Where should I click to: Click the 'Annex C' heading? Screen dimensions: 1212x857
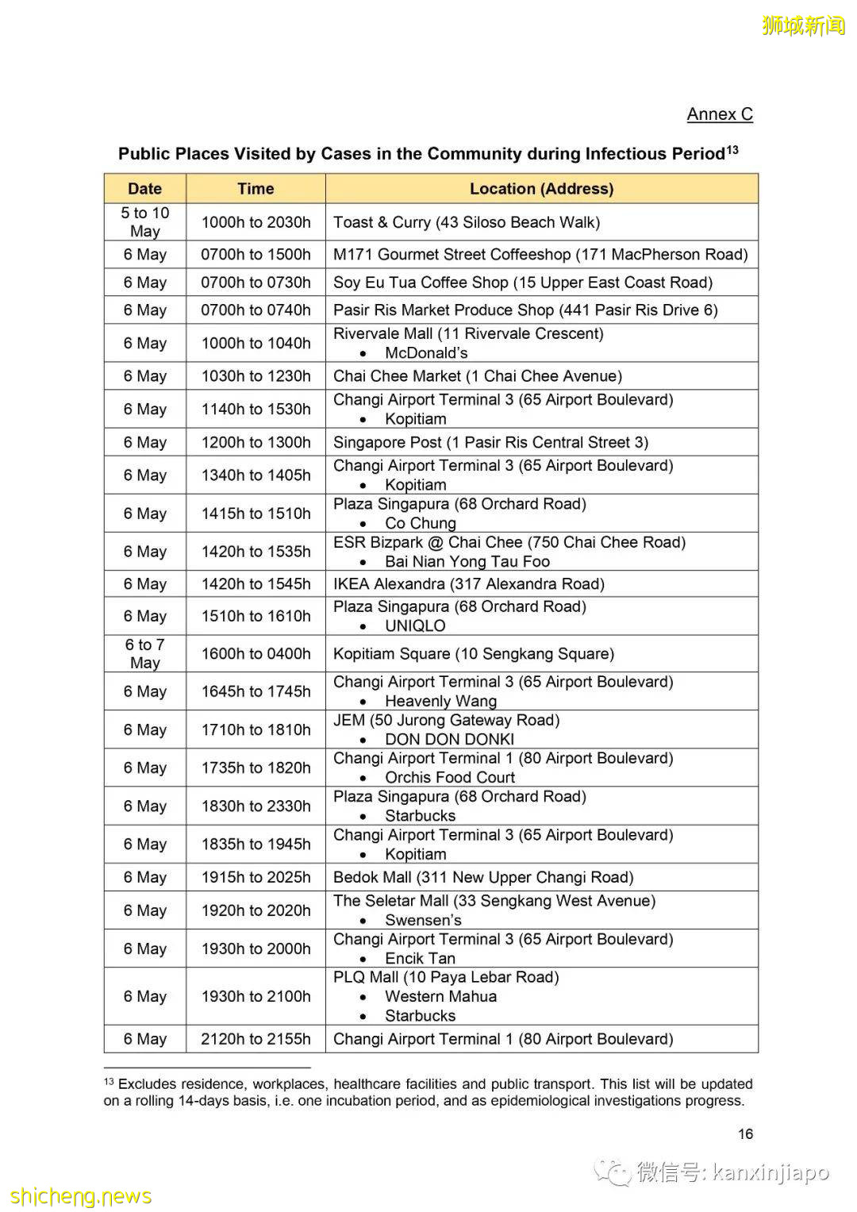pyautogui.click(x=719, y=114)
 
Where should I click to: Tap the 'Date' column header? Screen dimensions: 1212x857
pyautogui.click(x=144, y=189)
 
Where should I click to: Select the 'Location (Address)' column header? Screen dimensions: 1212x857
pyautogui.click(x=541, y=189)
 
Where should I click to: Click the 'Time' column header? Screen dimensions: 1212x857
pyautogui.click(x=256, y=189)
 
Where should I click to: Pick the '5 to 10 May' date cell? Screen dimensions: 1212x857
pyautogui.click(x=144, y=222)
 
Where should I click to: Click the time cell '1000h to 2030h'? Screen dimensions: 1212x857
pyautogui.click(x=256, y=222)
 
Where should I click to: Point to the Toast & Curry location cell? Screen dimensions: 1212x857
pyautogui.click(x=467, y=222)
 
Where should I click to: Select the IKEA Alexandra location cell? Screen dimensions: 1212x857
pyautogui.click(x=469, y=584)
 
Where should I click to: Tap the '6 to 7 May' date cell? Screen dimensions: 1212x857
pyautogui.click(x=144, y=653)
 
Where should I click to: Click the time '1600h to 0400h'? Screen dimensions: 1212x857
pyautogui.click(x=256, y=654)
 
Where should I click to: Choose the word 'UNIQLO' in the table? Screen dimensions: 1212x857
pyautogui.click(x=415, y=625)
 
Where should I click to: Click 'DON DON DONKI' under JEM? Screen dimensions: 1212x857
pyautogui.click(x=449, y=739)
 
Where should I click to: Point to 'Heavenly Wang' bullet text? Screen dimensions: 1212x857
pyautogui.click(x=440, y=701)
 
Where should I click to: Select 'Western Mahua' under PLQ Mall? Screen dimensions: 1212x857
pyautogui.click(x=440, y=996)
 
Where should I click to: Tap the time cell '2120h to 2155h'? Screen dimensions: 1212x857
pyautogui.click(x=256, y=1039)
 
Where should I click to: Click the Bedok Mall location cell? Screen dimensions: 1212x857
pyautogui.click(x=483, y=877)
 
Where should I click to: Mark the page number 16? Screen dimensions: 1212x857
pyautogui.click(x=745, y=1134)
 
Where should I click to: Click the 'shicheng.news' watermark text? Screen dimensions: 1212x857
pyautogui.click(x=81, y=1196)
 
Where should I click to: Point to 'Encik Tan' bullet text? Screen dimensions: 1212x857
pyautogui.click(x=420, y=958)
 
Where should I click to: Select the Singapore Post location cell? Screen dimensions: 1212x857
pyautogui.click(x=490, y=442)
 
